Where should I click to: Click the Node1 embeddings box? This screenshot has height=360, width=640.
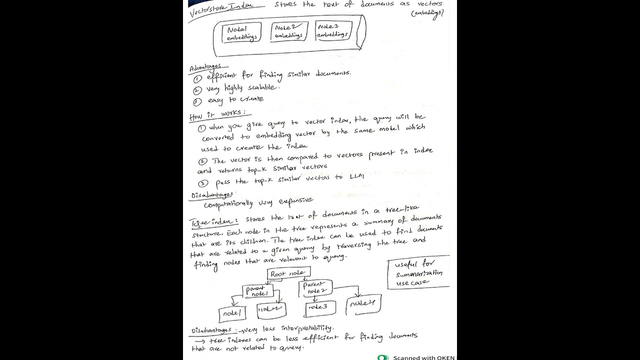click(241, 33)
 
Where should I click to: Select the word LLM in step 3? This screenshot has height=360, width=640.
click(356, 176)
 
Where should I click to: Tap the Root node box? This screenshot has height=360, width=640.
click(289, 273)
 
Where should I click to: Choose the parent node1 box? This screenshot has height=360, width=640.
click(258, 291)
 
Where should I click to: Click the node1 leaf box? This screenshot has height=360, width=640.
click(232, 313)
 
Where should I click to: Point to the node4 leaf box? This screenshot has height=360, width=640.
click(362, 303)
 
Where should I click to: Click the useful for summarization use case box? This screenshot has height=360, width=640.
click(418, 272)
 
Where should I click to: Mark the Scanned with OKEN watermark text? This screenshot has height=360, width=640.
click(423, 357)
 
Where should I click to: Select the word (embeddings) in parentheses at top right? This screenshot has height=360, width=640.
click(427, 14)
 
